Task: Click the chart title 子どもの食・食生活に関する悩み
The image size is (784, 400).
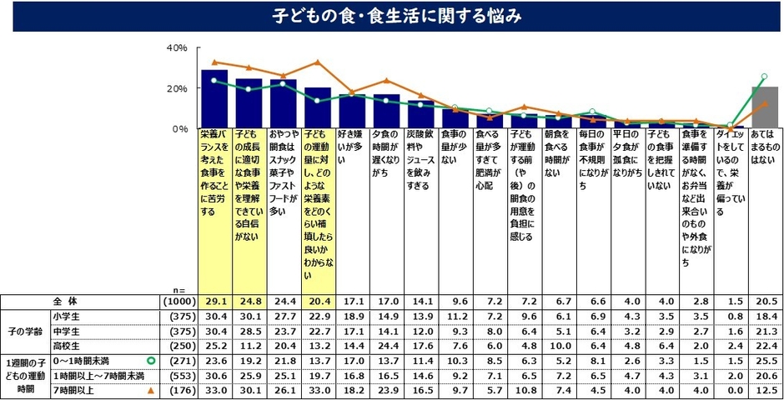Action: (x=392, y=16)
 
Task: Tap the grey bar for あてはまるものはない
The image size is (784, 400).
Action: (x=765, y=107)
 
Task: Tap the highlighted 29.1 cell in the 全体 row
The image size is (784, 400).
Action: (x=214, y=300)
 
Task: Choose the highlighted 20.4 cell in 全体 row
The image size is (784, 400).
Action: (x=318, y=300)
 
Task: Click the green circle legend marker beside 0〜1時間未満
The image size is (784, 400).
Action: (x=151, y=361)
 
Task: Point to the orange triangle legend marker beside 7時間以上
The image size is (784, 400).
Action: (x=151, y=390)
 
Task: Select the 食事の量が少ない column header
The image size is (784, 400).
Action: (x=455, y=142)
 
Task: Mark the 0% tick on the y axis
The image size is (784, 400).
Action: (x=179, y=129)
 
